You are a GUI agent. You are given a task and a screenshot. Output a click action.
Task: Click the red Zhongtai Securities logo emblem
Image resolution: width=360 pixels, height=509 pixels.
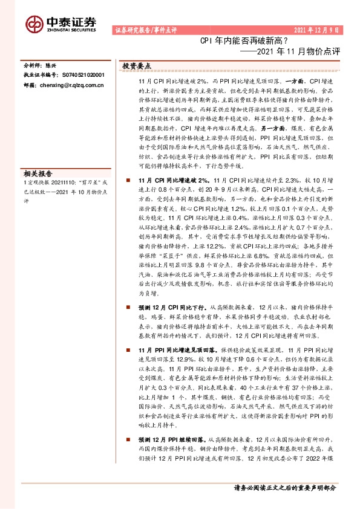pyautogui.click(x=33, y=24)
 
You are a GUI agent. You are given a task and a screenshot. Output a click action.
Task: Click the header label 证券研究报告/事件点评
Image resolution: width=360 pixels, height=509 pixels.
pyautogui.click(x=145, y=30)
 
